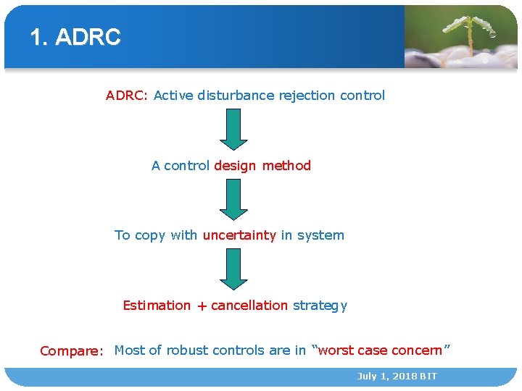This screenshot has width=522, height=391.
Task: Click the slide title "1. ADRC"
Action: pos(75,38)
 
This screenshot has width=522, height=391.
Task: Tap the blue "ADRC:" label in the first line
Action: pos(127,96)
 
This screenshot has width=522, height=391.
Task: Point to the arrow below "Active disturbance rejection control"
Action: pos(233,129)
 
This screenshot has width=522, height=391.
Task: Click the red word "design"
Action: pos(235,166)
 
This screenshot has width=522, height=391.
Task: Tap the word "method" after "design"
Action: pos(286,166)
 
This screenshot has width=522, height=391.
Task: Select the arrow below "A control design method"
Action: pos(233,199)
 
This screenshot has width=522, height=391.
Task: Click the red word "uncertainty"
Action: pos(239,235)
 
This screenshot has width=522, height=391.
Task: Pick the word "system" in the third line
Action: pos(320,235)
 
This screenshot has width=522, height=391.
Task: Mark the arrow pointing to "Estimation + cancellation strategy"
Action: pos(233,269)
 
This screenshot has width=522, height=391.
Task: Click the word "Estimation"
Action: pos(157,306)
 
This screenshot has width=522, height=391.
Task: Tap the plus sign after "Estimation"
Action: pos(201,306)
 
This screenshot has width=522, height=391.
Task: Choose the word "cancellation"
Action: pos(249,306)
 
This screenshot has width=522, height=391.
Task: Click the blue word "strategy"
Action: pos(320,306)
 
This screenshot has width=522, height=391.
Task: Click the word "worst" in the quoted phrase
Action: pos(336,350)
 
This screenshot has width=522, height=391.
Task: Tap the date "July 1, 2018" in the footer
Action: pos(386,377)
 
